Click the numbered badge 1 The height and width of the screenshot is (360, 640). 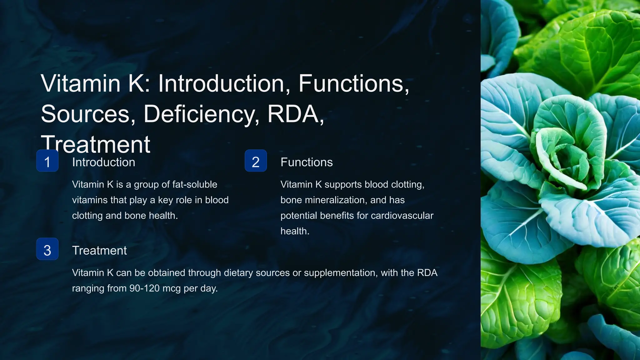coord(47,161)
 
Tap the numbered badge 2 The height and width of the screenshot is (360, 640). coord(256,161)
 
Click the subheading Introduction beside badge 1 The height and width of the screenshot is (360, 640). coord(103,162)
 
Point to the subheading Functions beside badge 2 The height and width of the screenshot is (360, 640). coord(306,162)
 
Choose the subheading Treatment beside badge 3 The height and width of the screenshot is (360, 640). coord(99,250)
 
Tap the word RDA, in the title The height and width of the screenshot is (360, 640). coord(296,114)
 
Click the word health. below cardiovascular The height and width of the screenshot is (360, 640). coord(295,231)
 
